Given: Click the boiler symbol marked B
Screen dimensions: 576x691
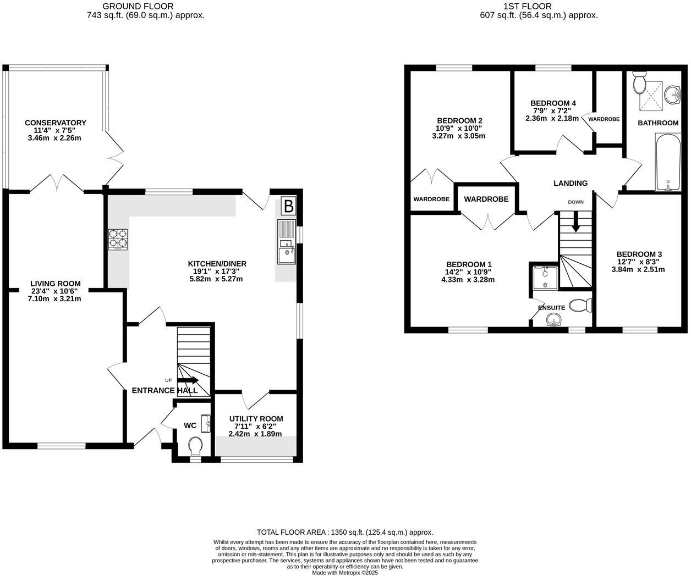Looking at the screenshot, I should (x=288, y=207).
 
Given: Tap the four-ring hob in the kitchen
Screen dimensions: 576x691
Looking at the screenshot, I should (x=118, y=240).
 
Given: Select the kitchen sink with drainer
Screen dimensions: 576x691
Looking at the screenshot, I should (x=286, y=241).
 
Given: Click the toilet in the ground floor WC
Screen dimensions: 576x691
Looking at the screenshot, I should (x=195, y=445).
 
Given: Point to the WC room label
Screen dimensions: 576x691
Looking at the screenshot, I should (x=190, y=425).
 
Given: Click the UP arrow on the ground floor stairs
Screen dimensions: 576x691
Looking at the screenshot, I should (x=188, y=380).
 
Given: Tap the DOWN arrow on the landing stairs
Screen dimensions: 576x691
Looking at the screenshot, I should (x=576, y=224).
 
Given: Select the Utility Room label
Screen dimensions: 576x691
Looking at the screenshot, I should (x=256, y=419).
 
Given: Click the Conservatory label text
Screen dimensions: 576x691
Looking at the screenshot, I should (x=55, y=123).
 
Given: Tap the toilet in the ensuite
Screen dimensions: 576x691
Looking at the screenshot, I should (x=580, y=304).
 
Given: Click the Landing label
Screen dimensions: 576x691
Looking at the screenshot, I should (x=571, y=183).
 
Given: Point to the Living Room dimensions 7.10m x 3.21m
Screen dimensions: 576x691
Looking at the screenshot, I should (x=55, y=299).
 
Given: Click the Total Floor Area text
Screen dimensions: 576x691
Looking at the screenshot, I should (x=345, y=532).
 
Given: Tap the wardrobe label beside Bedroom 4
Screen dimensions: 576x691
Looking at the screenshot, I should (x=604, y=119).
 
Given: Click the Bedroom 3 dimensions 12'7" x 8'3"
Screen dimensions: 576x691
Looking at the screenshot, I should (x=639, y=262).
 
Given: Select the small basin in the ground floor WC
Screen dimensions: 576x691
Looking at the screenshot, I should (x=206, y=423).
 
